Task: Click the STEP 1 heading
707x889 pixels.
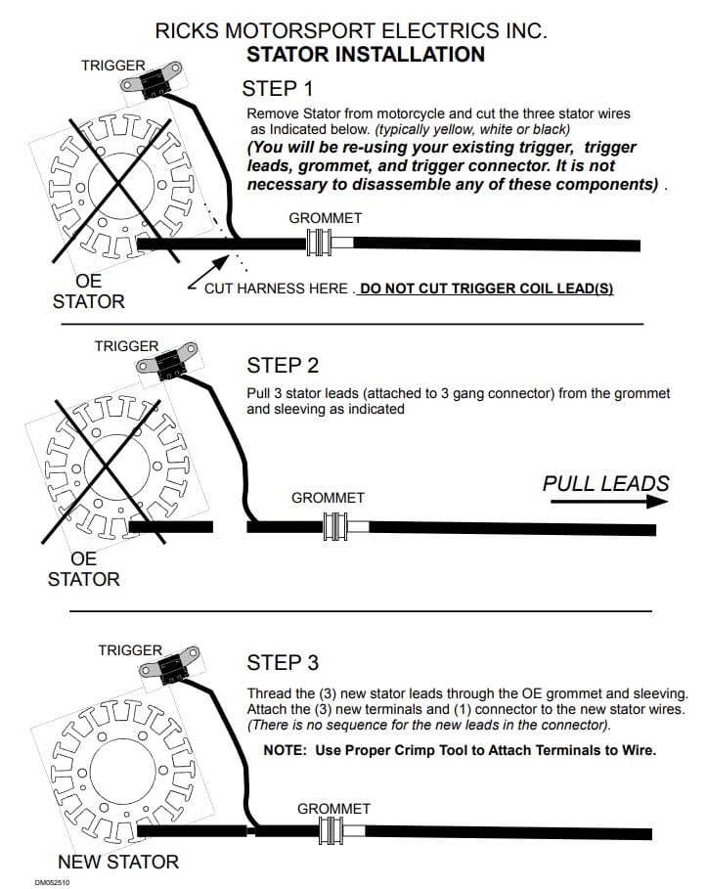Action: coord(285,87)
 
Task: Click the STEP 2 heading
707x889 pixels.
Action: coord(283,366)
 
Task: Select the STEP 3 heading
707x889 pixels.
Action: coord(283,663)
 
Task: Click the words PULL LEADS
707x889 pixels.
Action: coord(606,483)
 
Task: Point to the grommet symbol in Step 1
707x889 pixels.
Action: coord(320,244)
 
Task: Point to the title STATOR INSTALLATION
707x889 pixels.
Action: coord(366,54)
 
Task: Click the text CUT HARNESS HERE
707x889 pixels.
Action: coord(276,289)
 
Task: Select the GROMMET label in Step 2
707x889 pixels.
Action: coord(328,498)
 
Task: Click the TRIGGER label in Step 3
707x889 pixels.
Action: coord(130,649)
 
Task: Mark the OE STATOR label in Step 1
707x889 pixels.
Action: coord(89,291)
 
